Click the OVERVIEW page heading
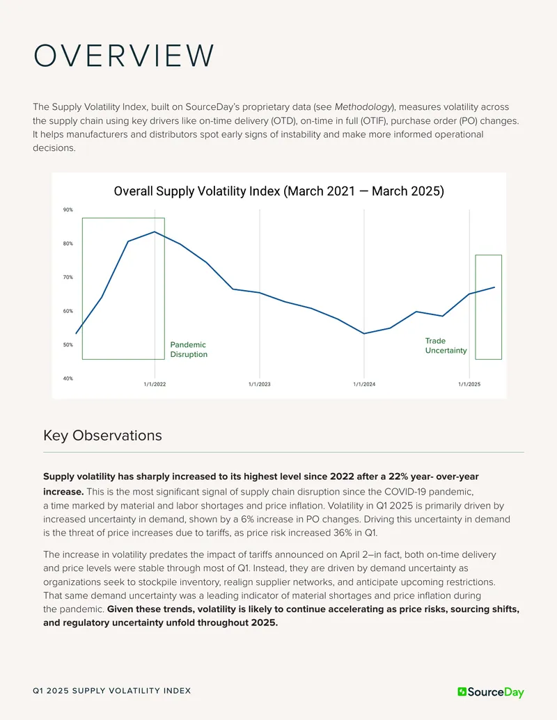click(x=124, y=56)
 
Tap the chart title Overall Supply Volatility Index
click(x=197, y=191)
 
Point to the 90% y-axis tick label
click(x=68, y=210)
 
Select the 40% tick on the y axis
click(x=68, y=378)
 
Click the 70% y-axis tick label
click(x=68, y=278)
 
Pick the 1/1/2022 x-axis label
click(x=155, y=384)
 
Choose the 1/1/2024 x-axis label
click(x=364, y=384)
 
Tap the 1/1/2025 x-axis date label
click(x=469, y=384)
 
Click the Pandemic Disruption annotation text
click(x=189, y=349)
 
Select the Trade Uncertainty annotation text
click(x=446, y=345)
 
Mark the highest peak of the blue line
click(x=155, y=232)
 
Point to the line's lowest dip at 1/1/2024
click(x=364, y=333)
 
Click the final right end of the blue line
click(x=494, y=287)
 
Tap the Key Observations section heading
click(x=102, y=435)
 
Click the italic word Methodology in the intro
click(x=363, y=107)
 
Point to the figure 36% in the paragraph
click(x=343, y=533)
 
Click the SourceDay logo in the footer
click(x=490, y=692)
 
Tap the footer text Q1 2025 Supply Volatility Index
click(x=111, y=691)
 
